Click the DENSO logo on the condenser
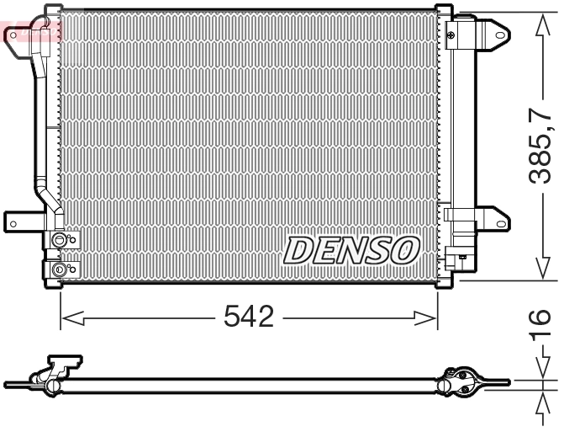351,250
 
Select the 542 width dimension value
249,317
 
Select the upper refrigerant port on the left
59,242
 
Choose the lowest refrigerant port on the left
59,270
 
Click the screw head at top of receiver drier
452,35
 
